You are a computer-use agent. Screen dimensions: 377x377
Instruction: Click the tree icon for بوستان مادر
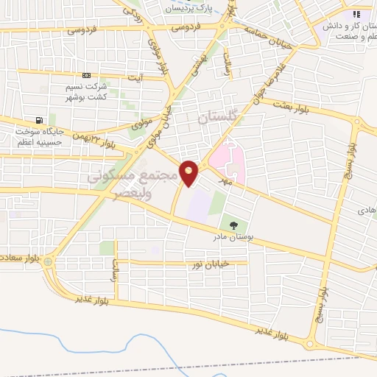[x=233, y=225]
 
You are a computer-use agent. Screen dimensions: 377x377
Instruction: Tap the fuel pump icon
[x=38, y=121]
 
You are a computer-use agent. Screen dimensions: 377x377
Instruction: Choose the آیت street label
[x=133, y=77]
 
